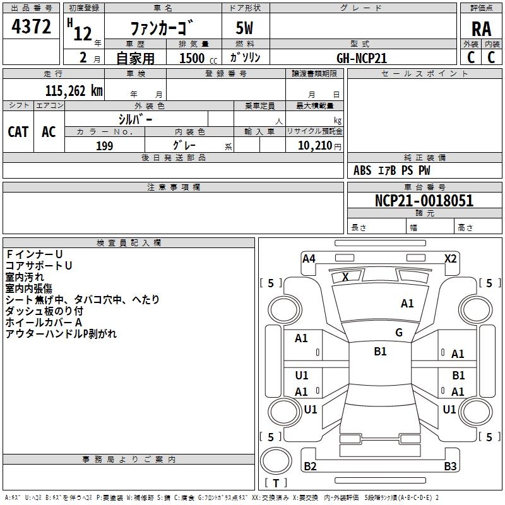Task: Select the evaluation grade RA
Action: (481, 28)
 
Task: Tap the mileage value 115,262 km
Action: (74, 90)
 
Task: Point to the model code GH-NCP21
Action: (362, 58)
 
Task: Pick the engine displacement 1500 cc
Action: (193, 58)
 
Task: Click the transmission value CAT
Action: (18, 132)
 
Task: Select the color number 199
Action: (104, 146)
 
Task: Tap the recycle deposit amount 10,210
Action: (313, 146)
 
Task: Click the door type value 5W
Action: (244, 28)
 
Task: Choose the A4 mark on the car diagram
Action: (309, 258)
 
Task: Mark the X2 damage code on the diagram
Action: (451, 258)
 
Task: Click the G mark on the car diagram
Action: (399, 333)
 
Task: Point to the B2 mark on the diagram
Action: (310, 466)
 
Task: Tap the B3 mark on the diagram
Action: (449, 466)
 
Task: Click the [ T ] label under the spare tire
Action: (275, 483)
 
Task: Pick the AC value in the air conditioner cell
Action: (49, 132)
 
